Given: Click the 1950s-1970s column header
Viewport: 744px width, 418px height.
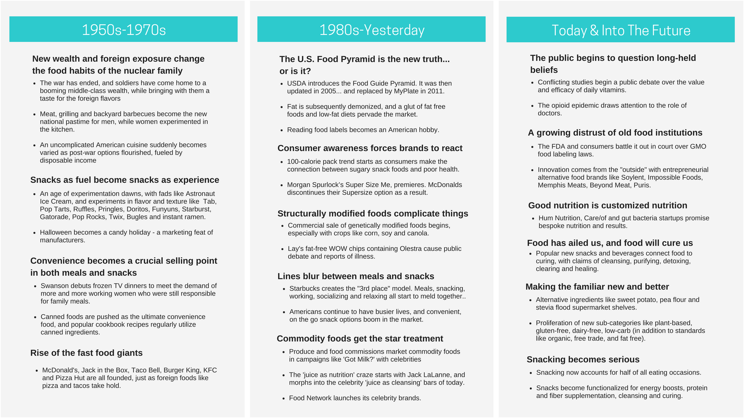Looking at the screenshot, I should click(124, 29).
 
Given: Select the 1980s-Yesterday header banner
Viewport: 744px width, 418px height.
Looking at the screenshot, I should click(372, 29).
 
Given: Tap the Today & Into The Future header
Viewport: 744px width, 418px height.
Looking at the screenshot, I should click(620, 30).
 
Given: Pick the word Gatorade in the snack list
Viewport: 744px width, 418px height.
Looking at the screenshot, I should click(55, 217).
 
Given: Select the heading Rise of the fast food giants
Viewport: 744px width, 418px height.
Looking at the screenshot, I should click(86, 353).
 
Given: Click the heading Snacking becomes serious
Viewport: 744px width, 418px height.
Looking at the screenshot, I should click(583, 359).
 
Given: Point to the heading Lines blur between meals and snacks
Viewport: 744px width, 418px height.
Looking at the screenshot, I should click(356, 276).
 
